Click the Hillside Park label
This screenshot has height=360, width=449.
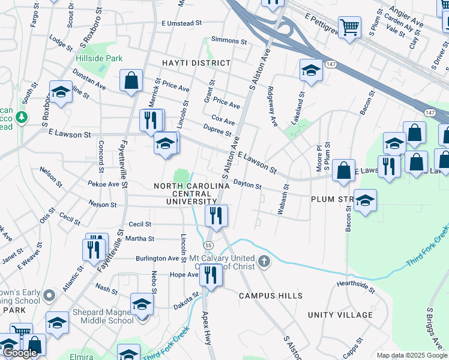click(x=99, y=58)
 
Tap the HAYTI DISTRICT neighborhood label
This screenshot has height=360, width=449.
click(x=196, y=63)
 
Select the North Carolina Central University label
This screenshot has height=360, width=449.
click(x=191, y=194)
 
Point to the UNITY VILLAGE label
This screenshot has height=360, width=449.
click(x=340, y=315)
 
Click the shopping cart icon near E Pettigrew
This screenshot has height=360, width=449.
click(x=349, y=26)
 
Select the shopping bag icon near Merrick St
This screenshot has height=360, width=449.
click(x=131, y=80)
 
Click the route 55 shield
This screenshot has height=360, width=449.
click(x=208, y=245)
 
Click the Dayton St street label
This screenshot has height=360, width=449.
click(x=247, y=185)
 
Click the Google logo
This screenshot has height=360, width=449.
click(x=20, y=353)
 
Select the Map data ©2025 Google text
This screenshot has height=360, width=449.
click(x=411, y=355)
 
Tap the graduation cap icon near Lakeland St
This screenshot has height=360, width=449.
click(x=311, y=70)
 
